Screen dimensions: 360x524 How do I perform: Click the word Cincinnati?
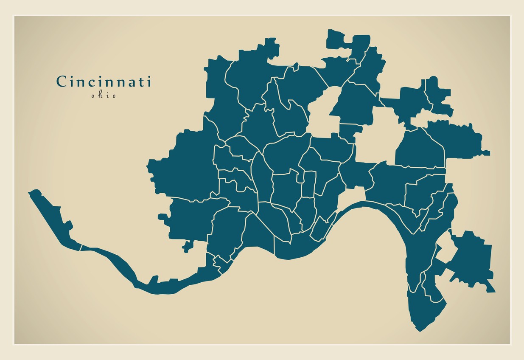tap(104, 82)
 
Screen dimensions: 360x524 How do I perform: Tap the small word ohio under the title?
tap(103, 96)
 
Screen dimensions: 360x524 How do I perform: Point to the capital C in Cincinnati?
tap(61, 82)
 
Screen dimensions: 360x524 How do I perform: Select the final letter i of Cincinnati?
tap(149, 82)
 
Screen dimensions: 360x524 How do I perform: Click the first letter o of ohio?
tap(93, 96)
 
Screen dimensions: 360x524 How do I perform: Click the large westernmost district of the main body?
tap(182, 166)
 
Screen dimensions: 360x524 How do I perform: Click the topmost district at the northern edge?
tap(339, 38)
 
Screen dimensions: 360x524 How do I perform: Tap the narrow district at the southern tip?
tap(424, 310)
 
